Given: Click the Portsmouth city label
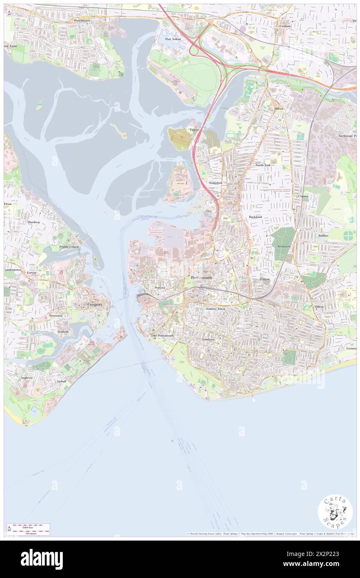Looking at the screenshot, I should pos(201,277).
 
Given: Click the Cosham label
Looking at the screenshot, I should pos(285,26).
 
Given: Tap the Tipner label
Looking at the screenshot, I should pos(194,130).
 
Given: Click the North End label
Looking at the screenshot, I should pos(262,165).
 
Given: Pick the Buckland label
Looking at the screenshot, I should pos(255,217).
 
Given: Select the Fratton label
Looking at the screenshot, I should pos(264,279).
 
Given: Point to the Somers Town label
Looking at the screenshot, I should pos(215,309).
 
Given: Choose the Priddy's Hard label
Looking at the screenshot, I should pos(69,247).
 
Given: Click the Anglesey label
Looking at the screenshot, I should pos(27,378).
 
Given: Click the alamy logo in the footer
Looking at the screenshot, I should pos(42,559).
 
